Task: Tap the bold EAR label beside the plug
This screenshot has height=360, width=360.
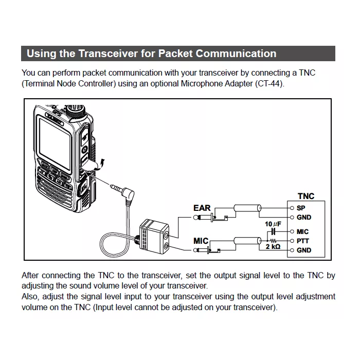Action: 202,208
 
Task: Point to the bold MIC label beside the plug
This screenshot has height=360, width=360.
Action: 201,241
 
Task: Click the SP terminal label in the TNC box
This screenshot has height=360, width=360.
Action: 300,208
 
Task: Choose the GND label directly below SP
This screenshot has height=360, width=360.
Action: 303,218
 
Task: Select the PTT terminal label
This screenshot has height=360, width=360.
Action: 302,241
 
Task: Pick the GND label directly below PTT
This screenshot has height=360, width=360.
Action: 303,250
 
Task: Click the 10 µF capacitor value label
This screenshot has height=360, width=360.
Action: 272,225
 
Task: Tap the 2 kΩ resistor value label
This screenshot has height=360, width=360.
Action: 273,247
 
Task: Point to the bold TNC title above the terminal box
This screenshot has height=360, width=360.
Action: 305,196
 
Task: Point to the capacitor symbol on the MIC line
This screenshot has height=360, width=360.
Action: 273,232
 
